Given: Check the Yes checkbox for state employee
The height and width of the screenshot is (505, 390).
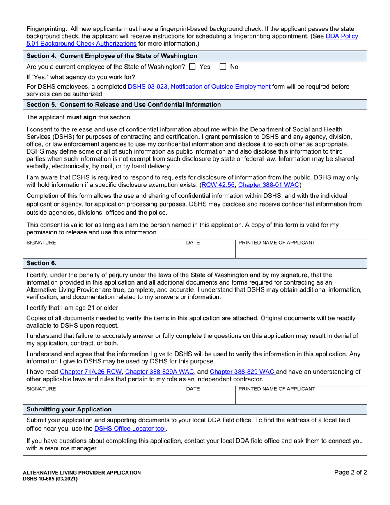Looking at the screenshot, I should pyautogui.click(x=192, y=67).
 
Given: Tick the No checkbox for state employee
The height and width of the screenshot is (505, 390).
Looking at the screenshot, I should pyautogui.click(x=223, y=67).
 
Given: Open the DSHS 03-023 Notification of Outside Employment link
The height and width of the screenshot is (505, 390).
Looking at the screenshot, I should pyautogui.click(x=199, y=87).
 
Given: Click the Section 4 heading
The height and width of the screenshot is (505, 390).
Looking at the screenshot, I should pyautogui.click(x=112, y=56).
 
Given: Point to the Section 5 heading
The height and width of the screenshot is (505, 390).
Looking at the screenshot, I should pyautogui.click(x=124, y=105).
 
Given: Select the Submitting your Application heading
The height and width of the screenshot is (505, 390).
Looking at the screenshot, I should pyautogui.click(x=69, y=409).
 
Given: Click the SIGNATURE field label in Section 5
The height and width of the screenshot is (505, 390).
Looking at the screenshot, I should pyautogui.click(x=41, y=243).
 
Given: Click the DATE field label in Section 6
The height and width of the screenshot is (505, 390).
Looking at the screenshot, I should pyautogui.click(x=193, y=388).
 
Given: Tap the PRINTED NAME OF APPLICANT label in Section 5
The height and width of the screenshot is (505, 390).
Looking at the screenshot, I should pyautogui.click(x=277, y=243).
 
